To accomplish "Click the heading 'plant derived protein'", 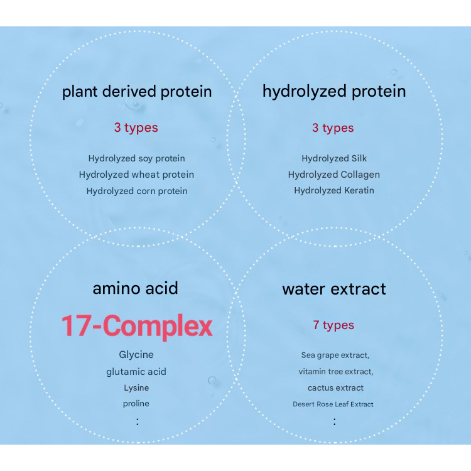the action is (137, 92).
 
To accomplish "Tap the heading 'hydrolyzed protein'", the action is (334, 92).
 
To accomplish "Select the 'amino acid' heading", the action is (136, 288).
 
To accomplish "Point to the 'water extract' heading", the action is (334, 289).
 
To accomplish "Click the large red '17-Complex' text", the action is (137, 327).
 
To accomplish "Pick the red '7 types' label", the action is (333, 325).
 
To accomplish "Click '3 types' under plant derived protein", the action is (136, 128).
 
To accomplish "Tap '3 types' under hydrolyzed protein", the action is (333, 128).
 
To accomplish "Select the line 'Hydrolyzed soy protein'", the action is (137, 159).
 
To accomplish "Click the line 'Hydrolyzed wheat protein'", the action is (137, 175).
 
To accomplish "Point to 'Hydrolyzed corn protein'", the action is (137, 192).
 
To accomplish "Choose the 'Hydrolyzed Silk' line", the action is (334, 158).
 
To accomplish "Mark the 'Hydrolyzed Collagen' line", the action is (334, 175).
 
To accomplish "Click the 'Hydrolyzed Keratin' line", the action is (334, 191).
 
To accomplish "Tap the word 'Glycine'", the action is (136, 355).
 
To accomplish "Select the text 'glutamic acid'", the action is (136, 372).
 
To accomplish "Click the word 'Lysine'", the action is (136, 388).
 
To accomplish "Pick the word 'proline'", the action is (136, 404).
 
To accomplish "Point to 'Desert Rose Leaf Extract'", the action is (333, 404).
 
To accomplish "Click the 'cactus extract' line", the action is (335, 388).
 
